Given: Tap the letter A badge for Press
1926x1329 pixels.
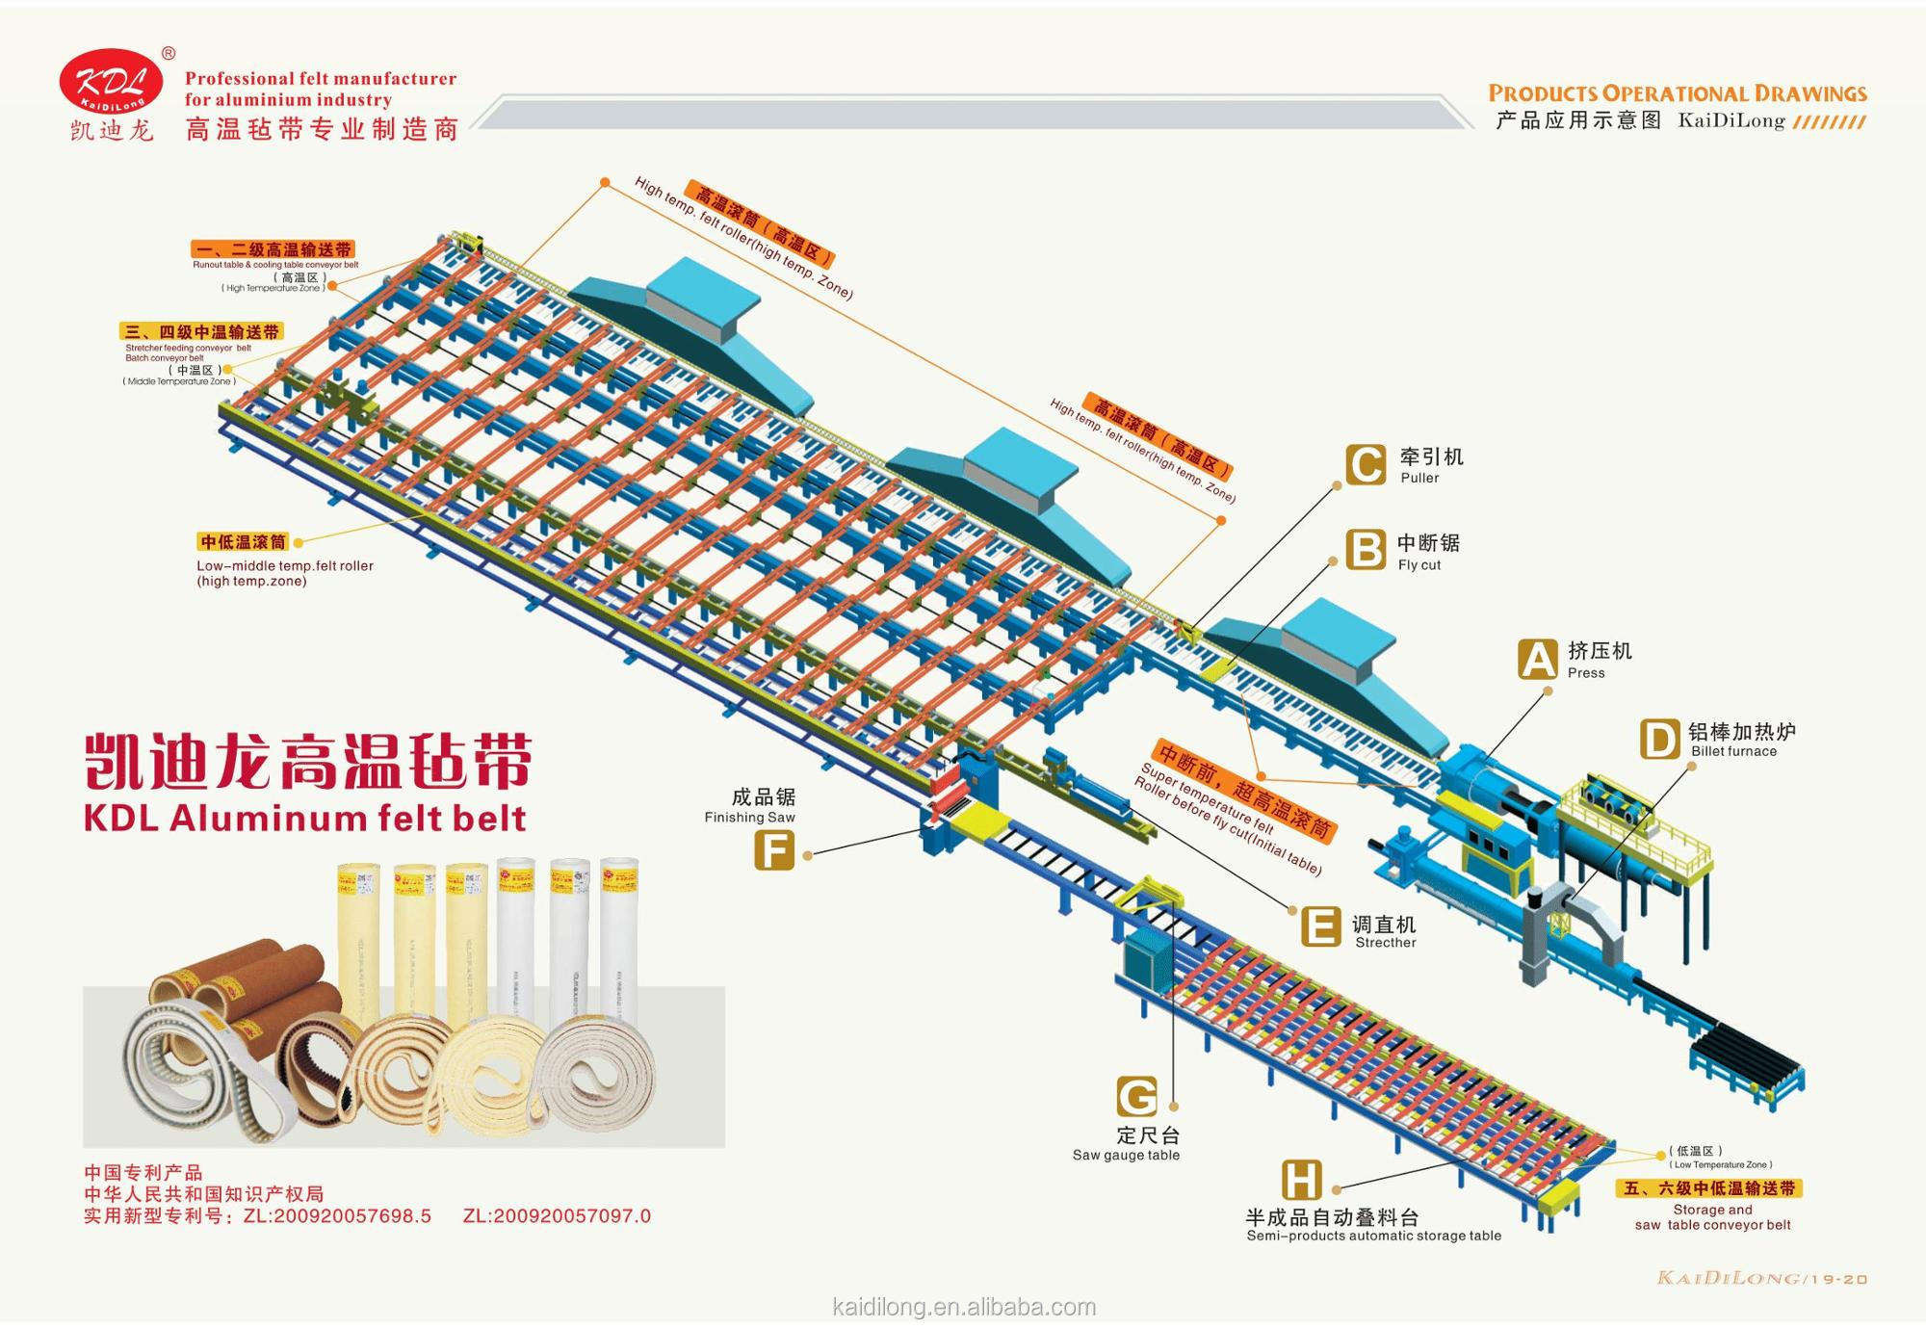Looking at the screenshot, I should (x=1537, y=660).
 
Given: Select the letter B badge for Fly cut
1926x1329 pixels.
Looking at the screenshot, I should (x=1366, y=550).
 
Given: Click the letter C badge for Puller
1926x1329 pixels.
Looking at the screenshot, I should (x=1366, y=464).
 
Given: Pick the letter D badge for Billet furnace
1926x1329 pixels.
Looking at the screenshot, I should (x=1659, y=740).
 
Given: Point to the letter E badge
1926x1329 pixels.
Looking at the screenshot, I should (x=1320, y=927).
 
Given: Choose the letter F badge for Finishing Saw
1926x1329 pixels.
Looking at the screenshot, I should (x=774, y=851).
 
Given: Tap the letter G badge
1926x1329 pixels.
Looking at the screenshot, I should (x=1136, y=1097).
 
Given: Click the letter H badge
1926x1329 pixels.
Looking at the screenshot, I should (x=1301, y=1180).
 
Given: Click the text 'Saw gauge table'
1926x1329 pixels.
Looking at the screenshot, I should (x=1126, y=1156).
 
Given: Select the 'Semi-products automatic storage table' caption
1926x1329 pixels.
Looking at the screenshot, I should (x=1373, y=1237).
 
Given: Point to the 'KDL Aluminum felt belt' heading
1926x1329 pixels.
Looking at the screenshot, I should (x=304, y=819).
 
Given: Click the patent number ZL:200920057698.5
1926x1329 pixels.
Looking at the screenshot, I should (x=337, y=1216).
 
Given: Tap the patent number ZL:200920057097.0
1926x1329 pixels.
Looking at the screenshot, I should (x=557, y=1216).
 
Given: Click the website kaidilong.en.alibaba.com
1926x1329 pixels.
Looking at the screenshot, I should (x=963, y=1307).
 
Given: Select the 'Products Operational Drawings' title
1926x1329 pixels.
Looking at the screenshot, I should (x=1677, y=93).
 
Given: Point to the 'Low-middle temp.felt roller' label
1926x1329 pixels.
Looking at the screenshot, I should (x=285, y=566).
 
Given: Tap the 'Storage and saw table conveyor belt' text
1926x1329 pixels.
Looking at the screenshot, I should (x=1712, y=1217).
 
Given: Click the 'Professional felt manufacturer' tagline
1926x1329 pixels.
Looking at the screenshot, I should (x=321, y=79).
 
